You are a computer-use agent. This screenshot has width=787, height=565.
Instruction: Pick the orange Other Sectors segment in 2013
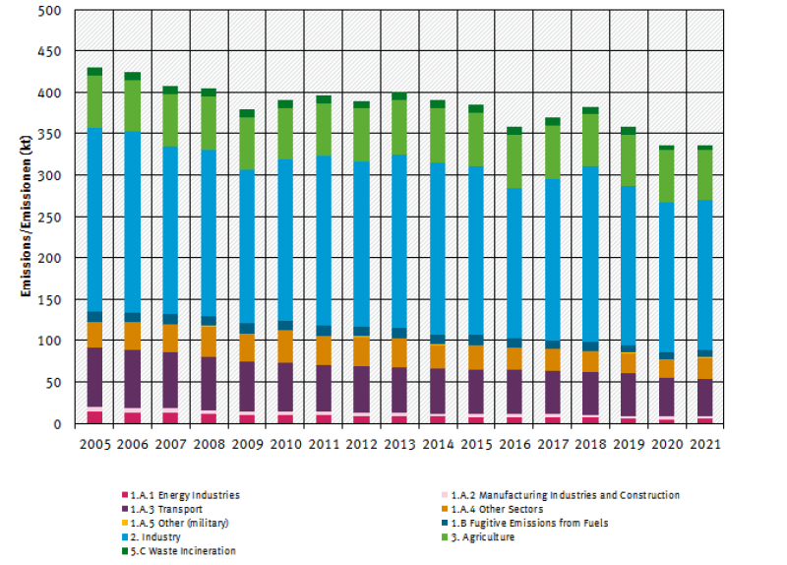point(398,352)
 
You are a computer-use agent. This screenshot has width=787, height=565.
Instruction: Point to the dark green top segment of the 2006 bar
point(133,76)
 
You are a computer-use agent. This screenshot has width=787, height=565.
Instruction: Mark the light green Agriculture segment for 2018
point(590,140)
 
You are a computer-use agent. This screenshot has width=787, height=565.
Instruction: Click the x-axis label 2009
point(246,444)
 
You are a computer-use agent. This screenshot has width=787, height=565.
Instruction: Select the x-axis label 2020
point(666,444)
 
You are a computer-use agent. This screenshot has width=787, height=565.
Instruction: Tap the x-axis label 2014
point(437,444)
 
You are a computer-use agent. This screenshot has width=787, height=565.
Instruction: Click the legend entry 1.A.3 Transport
point(166,509)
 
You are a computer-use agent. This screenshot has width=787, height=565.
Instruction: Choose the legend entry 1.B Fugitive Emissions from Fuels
point(523,523)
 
